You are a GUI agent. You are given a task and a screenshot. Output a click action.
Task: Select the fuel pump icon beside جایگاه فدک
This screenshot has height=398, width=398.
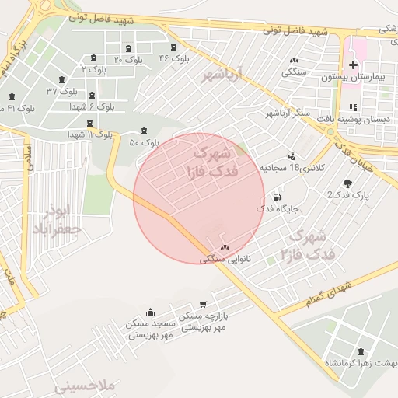click(x=278, y=197)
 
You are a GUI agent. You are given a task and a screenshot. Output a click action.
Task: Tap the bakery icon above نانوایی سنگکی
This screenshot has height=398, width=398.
click(x=225, y=247)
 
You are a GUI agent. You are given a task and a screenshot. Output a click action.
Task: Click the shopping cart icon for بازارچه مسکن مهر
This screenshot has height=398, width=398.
click(x=203, y=304)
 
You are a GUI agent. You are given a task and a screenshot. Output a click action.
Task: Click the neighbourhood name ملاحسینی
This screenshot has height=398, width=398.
click(x=85, y=386)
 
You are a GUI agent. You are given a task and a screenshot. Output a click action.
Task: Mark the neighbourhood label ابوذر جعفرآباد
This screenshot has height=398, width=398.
click(x=58, y=218)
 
